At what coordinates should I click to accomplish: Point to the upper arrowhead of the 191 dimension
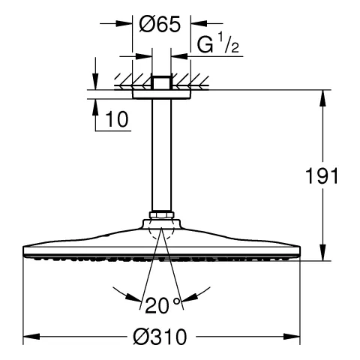pos(324,97)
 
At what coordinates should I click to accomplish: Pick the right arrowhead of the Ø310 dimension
pos(294,337)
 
